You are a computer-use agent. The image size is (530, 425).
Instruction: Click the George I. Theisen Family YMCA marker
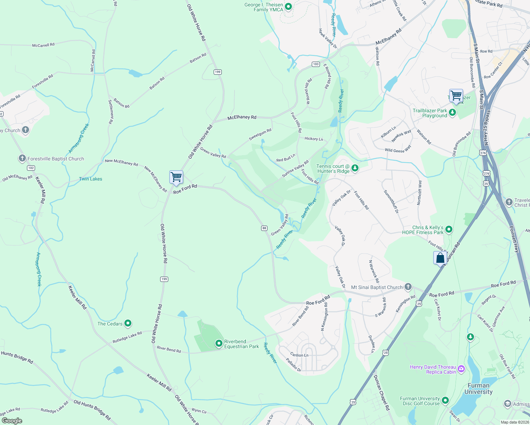(288, 6)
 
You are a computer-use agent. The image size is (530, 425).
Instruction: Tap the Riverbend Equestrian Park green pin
(219, 343)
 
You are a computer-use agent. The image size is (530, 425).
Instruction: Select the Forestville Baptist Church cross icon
(22, 158)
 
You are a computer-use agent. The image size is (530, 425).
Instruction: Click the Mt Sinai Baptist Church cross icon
(408, 287)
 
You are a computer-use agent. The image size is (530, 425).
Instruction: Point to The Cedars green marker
(128, 323)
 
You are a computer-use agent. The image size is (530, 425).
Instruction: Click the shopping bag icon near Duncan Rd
(440, 258)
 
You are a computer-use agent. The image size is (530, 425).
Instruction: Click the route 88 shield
(264, 228)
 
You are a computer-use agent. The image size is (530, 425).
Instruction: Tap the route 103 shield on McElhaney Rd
(316, 64)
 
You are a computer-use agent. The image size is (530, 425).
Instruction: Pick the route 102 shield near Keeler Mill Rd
(31, 168)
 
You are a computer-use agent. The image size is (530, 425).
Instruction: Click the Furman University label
(478, 389)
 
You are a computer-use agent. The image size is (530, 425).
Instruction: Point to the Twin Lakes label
(90, 179)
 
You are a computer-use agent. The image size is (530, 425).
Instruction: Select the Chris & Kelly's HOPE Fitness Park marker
(449, 229)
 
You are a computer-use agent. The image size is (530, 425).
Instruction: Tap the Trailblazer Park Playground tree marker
(452, 113)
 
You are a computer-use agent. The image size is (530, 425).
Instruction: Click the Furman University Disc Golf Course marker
(445, 400)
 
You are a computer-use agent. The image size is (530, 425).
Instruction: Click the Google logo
(12, 420)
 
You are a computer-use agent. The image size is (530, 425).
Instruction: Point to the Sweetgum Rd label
(260, 135)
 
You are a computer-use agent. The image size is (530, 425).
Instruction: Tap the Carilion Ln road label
(299, 355)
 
